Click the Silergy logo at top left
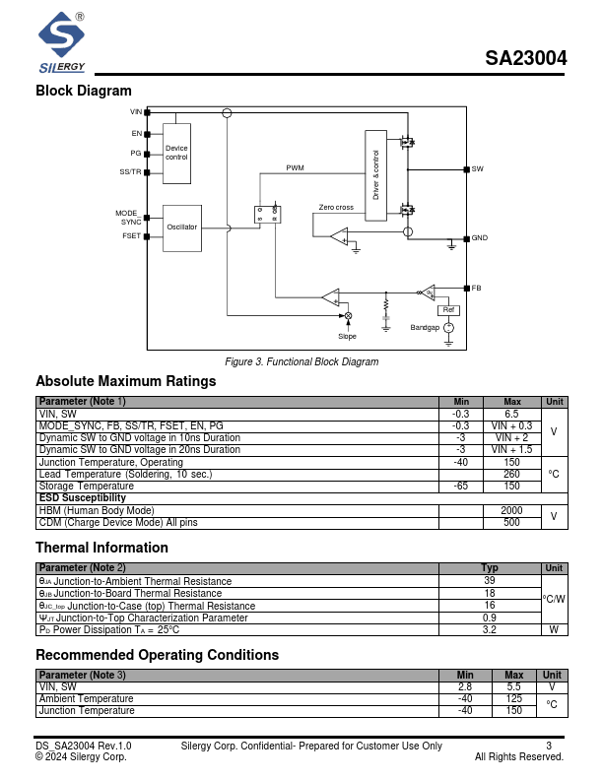(x=62, y=44)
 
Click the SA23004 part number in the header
(x=525, y=58)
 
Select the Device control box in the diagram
(x=176, y=153)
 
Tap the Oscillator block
(x=181, y=227)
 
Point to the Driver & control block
(x=376, y=174)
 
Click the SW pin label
(x=477, y=169)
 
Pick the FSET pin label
(x=131, y=236)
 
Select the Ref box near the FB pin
(x=450, y=309)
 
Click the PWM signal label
(x=295, y=168)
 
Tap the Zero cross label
(x=336, y=208)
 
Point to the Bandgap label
(x=425, y=327)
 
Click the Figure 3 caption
(x=301, y=361)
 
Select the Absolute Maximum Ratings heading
(x=125, y=381)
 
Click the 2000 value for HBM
(x=511, y=510)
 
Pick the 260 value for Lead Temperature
(x=511, y=474)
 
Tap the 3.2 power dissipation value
(x=489, y=629)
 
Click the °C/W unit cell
(x=554, y=599)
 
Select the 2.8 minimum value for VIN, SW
(x=466, y=686)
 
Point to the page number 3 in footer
(x=549, y=746)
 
